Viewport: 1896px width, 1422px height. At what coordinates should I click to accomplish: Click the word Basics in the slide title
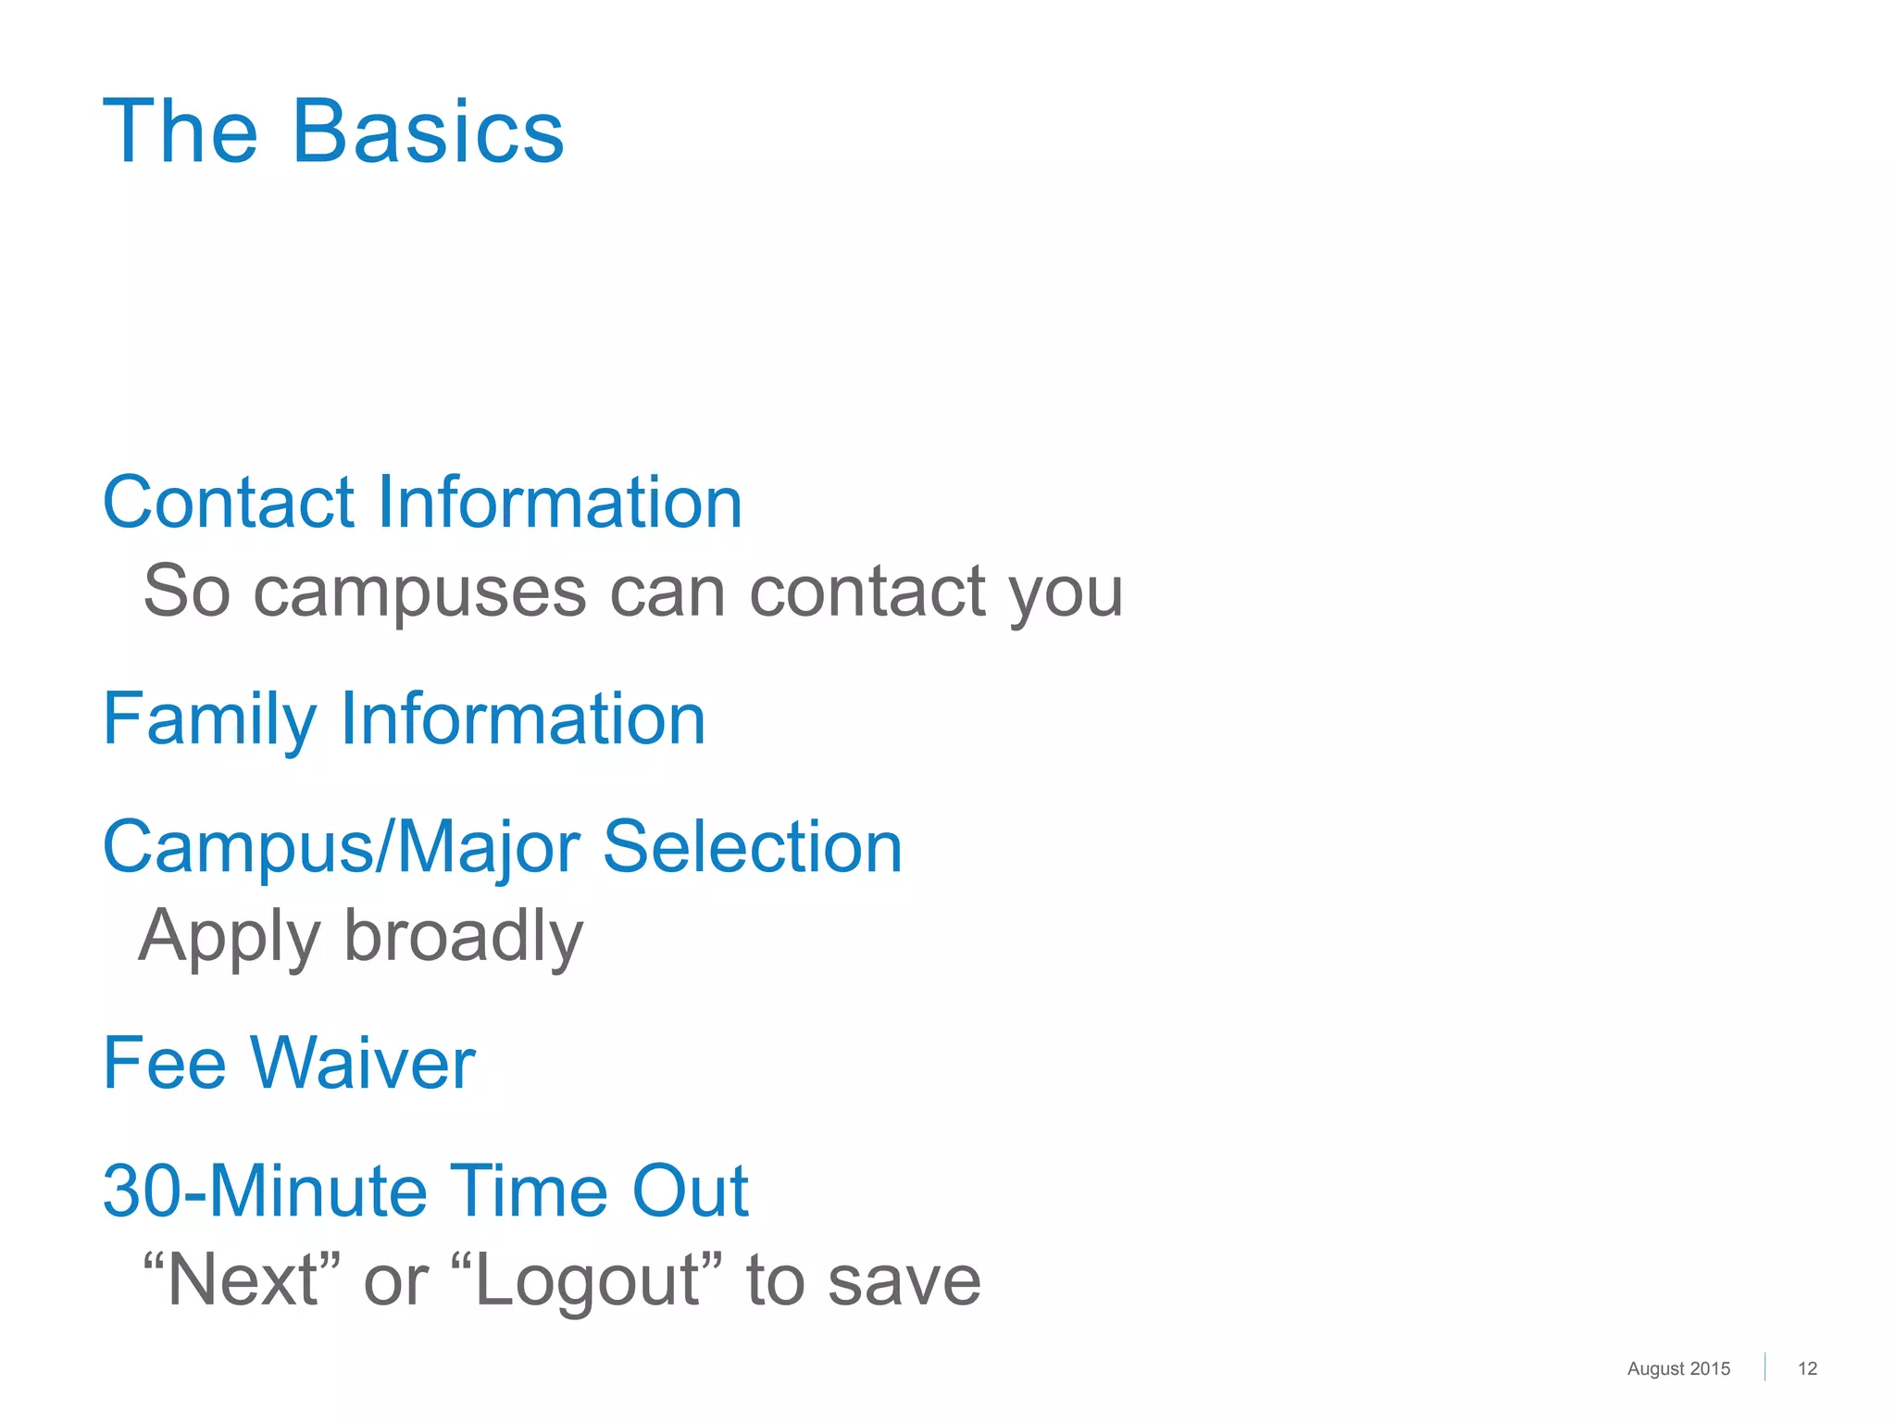(x=428, y=132)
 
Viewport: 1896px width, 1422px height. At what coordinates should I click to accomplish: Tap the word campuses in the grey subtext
(x=419, y=592)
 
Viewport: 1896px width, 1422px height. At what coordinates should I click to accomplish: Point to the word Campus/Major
(x=341, y=848)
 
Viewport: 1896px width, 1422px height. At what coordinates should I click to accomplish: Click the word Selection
(x=752, y=847)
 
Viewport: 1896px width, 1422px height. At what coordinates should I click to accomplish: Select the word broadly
(x=464, y=935)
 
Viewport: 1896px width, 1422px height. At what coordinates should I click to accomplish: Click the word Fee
(x=164, y=1064)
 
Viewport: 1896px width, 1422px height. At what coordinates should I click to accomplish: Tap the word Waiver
(x=362, y=1064)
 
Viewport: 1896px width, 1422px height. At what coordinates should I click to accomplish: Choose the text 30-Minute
(x=264, y=1191)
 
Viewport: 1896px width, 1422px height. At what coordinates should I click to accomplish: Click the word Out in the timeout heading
(x=690, y=1191)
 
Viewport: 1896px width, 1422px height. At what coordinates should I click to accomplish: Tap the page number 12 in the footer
(x=1807, y=1368)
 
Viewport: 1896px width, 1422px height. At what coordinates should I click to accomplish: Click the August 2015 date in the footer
(x=1678, y=1368)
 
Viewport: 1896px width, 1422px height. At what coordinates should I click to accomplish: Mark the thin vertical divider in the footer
(x=1765, y=1366)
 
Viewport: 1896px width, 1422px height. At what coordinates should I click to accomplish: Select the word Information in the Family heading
(x=523, y=719)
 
